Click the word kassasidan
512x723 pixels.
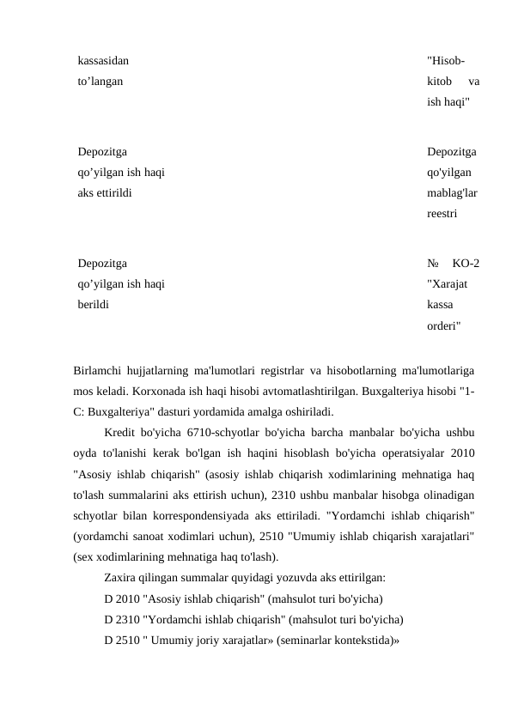[104, 61]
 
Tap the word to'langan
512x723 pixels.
[100, 82]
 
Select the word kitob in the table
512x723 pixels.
[441, 82]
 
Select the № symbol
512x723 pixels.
[434, 263]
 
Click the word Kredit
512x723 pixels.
[120, 432]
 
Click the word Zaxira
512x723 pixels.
[121, 577]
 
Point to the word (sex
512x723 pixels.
[85, 556]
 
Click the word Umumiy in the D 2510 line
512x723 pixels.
[174, 639]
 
